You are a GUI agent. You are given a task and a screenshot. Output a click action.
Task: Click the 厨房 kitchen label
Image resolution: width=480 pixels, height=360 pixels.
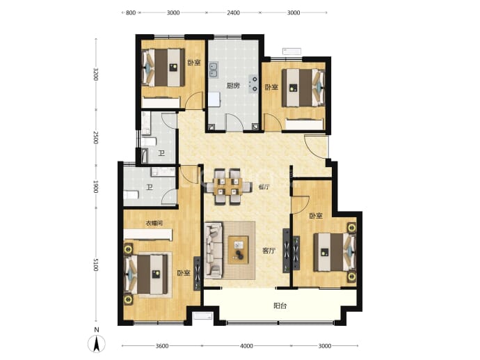click(233, 86)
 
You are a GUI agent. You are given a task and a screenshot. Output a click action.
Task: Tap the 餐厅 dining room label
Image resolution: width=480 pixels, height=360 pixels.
click(264, 187)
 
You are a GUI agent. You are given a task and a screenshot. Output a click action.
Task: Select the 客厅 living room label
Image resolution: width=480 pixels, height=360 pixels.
click(269, 251)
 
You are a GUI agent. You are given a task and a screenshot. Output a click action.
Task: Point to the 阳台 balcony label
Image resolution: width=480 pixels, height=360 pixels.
click(280, 306)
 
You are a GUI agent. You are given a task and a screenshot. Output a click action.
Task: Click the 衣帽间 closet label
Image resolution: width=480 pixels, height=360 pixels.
click(154, 224)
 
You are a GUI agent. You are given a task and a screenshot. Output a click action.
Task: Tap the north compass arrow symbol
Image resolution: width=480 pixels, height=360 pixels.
click(97, 344)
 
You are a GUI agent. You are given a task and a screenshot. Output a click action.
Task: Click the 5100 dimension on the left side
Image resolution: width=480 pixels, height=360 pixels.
click(96, 265)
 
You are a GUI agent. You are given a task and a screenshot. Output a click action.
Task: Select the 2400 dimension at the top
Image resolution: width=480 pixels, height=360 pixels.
click(233, 13)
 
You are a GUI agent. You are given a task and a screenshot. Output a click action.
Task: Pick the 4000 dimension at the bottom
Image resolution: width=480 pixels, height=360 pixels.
click(246, 346)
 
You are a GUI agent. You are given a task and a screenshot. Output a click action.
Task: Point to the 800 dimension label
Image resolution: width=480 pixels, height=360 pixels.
click(131, 13)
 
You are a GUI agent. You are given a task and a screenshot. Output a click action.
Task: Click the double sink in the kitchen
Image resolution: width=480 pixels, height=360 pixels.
click(213, 70)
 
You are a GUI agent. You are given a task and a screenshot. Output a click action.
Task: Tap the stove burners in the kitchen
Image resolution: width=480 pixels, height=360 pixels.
click(254, 84)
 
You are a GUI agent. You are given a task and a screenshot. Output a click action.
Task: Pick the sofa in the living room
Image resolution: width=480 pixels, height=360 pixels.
click(213, 250)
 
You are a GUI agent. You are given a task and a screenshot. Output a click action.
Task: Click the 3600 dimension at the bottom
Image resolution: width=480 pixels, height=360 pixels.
click(162, 346)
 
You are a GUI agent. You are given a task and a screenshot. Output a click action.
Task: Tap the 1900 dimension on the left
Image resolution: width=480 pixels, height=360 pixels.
click(96, 187)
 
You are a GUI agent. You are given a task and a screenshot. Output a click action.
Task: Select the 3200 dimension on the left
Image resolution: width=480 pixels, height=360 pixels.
click(96, 74)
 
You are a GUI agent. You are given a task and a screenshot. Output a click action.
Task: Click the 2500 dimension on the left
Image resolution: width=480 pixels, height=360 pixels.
click(96, 138)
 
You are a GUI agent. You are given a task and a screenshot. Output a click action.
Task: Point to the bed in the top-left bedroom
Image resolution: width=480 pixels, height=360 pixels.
click(163, 68)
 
